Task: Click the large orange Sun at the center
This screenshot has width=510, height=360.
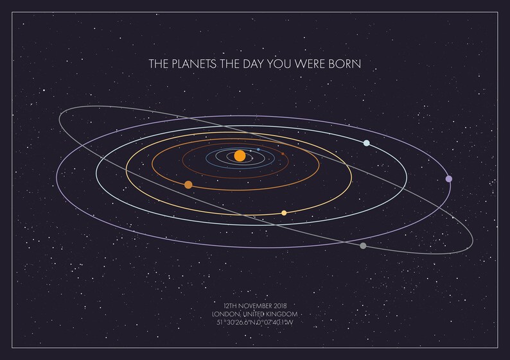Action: [240, 155]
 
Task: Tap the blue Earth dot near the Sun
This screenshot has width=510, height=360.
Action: [258, 150]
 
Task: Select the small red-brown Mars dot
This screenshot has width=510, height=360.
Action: [283, 153]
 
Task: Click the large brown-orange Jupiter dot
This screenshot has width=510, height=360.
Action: [188, 185]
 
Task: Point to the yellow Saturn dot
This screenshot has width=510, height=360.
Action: [284, 212]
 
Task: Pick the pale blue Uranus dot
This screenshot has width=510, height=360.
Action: [366, 143]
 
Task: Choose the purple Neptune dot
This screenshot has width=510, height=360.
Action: [448, 179]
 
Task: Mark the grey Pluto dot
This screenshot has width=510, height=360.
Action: [364, 246]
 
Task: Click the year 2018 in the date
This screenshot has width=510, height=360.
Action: [279, 305]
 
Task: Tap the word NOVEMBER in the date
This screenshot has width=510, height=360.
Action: [255, 305]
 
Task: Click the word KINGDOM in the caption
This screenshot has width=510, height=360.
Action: [281, 313]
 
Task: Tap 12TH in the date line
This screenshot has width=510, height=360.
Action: [230, 305]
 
